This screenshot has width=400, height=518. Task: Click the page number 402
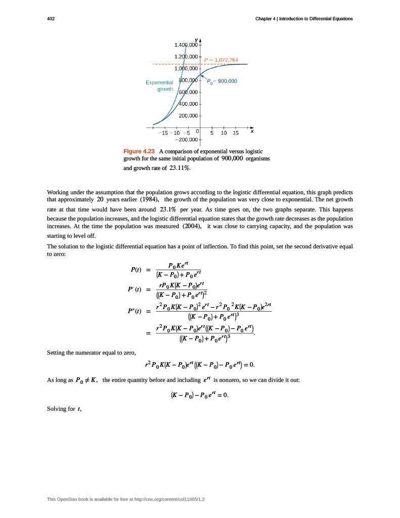coord(51,19)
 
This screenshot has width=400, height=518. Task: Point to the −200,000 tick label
coord(186,139)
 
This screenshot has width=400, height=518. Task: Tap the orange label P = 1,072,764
coord(220,60)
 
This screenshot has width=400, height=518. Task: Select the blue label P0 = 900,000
coord(221,81)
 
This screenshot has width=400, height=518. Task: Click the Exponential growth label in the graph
coord(159,85)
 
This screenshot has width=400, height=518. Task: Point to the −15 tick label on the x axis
coord(163,133)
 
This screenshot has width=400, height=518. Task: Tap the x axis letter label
coord(252,131)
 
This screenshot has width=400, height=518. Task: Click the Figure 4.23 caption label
coord(139,151)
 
